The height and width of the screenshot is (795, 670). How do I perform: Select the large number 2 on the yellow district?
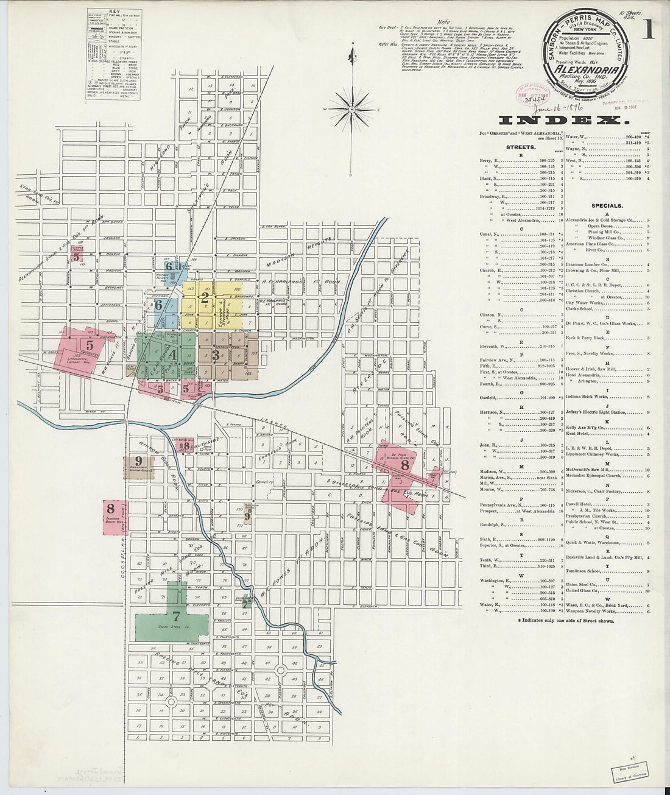[x=205, y=298]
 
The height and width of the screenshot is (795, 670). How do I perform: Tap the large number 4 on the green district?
[x=173, y=354]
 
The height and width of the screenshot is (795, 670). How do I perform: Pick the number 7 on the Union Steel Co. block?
[x=176, y=615]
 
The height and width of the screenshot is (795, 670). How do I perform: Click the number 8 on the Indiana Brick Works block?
[x=110, y=508]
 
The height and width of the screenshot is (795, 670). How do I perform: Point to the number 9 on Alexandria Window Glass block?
[x=139, y=461]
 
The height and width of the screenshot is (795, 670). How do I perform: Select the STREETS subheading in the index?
[x=521, y=147]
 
